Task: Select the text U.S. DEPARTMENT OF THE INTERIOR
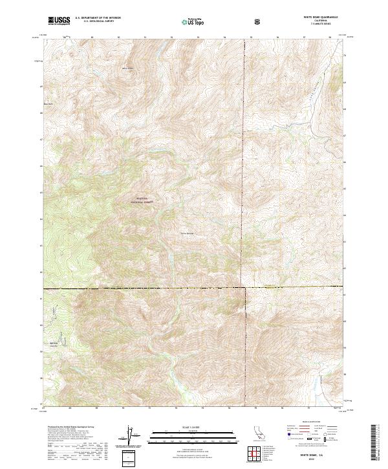coord(98,18)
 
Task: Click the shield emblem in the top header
coord(257,21)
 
